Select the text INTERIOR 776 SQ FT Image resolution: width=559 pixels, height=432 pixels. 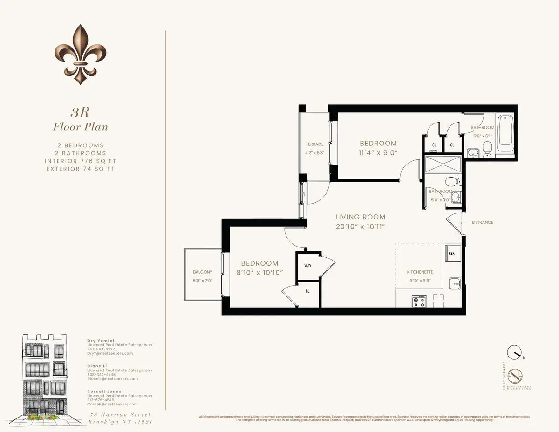click(80, 161)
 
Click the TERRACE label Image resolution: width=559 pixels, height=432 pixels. click(314, 144)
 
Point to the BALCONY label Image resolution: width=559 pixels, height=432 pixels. click(203, 272)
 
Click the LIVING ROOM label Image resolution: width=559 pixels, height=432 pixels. click(361, 217)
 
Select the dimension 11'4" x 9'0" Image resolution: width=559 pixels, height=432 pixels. click(378, 152)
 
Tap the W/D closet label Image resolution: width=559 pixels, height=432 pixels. click(307, 267)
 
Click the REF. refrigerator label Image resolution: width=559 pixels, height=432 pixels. click(451, 254)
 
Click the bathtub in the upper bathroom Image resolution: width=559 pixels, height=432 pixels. click(505, 132)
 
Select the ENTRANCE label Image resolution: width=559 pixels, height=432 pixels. click(482, 222)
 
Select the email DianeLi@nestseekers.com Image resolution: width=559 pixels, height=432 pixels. click(112, 379)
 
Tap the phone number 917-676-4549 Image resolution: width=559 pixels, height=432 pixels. click(101, 400)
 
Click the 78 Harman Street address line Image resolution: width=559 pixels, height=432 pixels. click(120, 415)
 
